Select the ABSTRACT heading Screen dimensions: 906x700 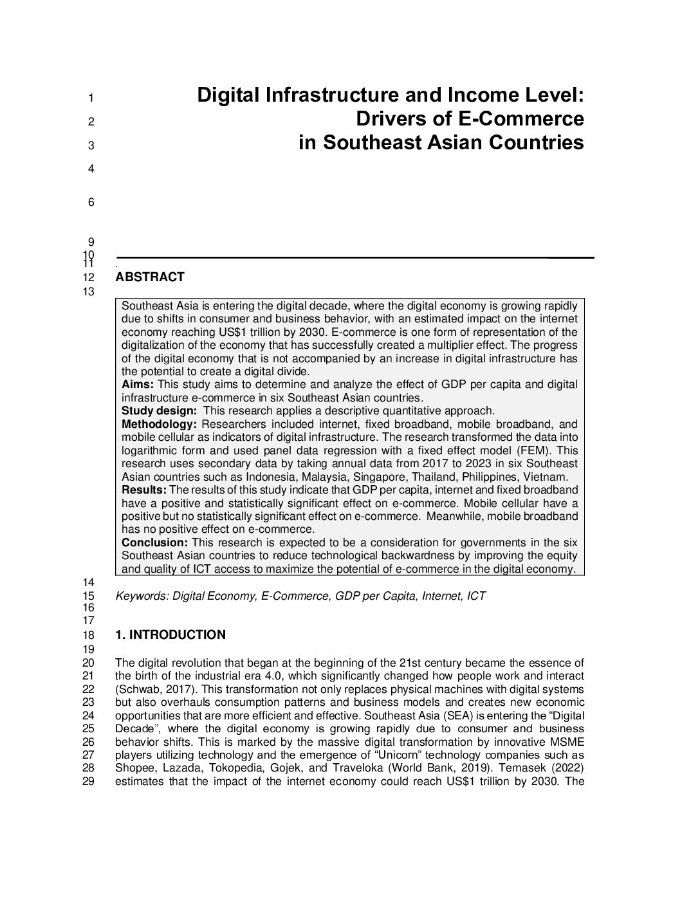(150, 277)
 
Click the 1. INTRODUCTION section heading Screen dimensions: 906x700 (170, 635)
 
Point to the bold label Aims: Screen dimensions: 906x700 (138, 385)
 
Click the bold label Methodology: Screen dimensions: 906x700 (159, 424)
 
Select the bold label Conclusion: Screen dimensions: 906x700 (155, 542)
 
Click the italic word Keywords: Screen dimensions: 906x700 (142, 596)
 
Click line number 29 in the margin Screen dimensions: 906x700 (89, 782)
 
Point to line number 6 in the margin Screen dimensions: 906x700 (91, 203)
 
